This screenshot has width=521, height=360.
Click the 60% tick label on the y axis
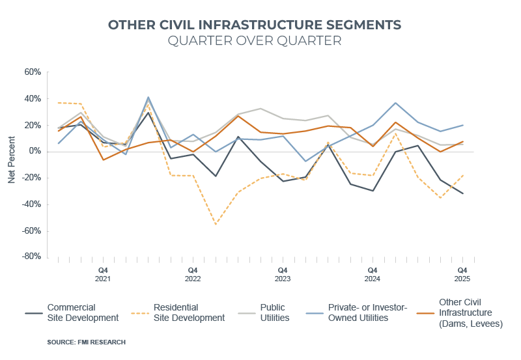(x=33, y=72)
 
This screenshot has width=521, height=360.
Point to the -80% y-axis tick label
(x=31, y=256)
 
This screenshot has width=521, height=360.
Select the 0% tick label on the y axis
(x=35, y=151)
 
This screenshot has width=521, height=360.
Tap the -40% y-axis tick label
(x=31, y=204)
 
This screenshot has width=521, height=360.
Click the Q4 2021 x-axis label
(x=103, y=274)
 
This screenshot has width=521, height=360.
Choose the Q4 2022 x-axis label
(x=193, y=274)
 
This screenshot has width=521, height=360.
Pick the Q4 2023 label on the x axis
(x=283, y=274)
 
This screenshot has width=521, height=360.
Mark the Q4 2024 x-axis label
(x=373, y=274)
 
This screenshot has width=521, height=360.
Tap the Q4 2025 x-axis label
(x=462, y=274)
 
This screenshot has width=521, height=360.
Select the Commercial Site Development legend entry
(x=83, y=312)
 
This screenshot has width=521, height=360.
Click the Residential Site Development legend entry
(x=189, y=312)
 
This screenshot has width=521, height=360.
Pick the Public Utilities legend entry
(x=277, y=312)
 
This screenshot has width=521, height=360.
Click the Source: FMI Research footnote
(x=86, y=342)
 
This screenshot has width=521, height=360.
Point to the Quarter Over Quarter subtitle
(x=255, y=41)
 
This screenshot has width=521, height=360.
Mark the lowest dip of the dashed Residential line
(x=216, y=224)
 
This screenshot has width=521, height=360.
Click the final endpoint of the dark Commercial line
(x=462, y=193)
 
